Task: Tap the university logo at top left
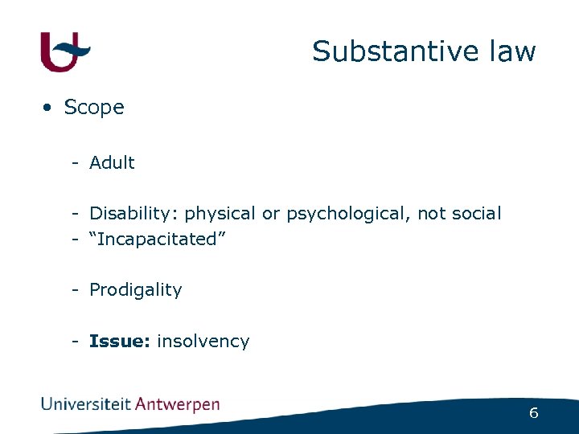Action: coord(65,51)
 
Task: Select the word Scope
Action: coord(94,107)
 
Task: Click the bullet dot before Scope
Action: coord(49,108)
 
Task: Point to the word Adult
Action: coord(112,162)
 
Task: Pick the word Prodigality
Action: coord(136,290)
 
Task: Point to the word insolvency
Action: coord(203,341)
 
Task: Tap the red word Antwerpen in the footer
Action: coord(177,405)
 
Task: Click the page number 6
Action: coord(533,413)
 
